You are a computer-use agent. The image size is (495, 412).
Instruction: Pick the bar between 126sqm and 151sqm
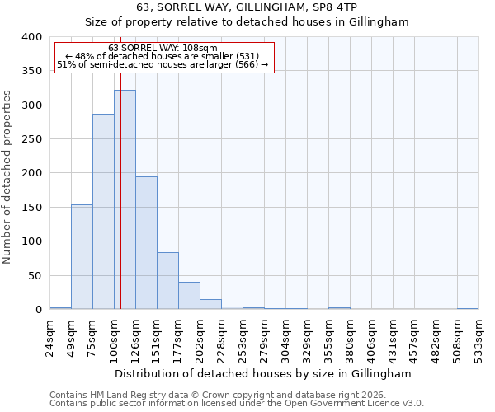146,243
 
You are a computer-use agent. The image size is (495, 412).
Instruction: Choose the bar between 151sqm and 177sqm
167,281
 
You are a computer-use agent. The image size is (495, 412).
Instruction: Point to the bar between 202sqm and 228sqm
210,304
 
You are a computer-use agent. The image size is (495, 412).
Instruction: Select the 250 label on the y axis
31,139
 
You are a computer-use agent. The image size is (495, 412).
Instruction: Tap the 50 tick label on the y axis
35,275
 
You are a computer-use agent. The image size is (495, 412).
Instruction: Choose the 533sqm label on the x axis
479,338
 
